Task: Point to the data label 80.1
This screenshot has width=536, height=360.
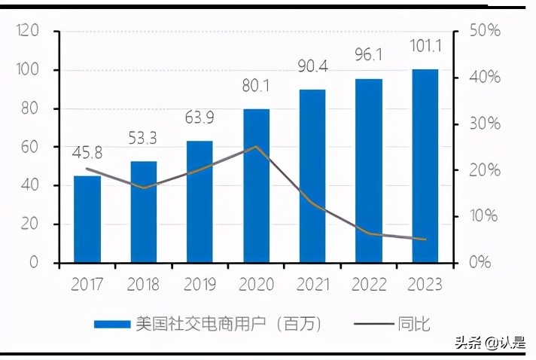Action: click(x=256, y=88)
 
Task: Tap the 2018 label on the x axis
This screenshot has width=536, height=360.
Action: click(x=143, y=285)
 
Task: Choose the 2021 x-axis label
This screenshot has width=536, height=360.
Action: click(x=312, y=285)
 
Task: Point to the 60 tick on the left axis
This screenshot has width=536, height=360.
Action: click(x=30, y=147)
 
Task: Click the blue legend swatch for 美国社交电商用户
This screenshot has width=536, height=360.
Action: click(x=111, y=325)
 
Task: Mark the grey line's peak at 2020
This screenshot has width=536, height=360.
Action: click(x=256, y=147)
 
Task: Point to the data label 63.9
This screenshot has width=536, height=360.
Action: click(x=199, y=118)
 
